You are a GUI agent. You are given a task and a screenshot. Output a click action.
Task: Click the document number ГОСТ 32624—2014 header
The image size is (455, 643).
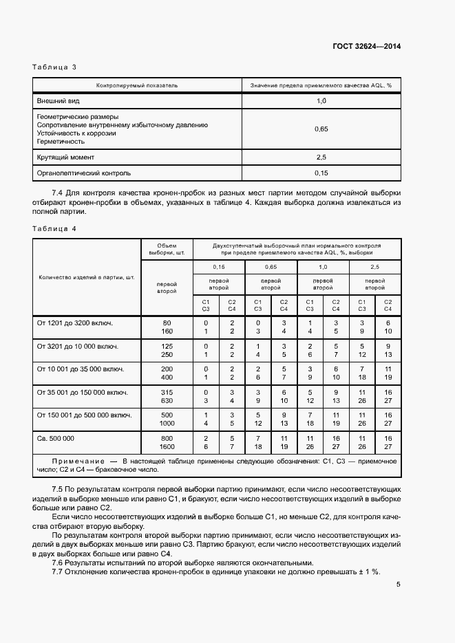coord(366,46)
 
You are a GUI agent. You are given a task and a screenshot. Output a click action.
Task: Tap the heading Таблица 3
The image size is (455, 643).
coord(54,67)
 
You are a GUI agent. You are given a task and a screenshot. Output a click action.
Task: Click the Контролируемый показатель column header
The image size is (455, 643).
coord(137,86)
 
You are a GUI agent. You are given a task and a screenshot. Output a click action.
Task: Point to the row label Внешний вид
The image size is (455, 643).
coord(57,101)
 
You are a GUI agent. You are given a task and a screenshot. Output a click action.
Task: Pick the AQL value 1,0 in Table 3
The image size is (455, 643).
coord(320,101)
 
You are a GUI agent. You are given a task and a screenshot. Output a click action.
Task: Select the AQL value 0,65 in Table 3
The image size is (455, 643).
coord(320,129)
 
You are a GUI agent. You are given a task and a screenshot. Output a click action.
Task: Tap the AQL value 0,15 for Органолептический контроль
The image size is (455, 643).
coord(320,173)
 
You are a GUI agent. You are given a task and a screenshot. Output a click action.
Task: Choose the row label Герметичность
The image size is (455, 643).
coord(61,142)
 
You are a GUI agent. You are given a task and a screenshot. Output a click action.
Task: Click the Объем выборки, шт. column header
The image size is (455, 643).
coord(167,248)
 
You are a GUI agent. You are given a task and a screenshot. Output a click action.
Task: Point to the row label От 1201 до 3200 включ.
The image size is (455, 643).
coord(74,323)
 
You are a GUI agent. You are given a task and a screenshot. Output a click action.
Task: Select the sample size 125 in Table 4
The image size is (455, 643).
coord(167,346)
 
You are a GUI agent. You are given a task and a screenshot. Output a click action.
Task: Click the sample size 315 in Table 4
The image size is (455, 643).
coord(167,393)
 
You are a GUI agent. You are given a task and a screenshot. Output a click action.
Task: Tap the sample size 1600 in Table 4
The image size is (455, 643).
coord(167,447)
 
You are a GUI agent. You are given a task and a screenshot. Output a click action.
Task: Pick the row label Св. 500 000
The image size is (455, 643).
coord(55,438)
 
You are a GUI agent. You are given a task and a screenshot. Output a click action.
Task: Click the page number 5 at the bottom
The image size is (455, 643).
coord(399,585)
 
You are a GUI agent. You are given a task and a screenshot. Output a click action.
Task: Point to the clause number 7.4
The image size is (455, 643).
coord(57,193)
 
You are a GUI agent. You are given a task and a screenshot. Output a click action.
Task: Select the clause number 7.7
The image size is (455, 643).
coord(57,572)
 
